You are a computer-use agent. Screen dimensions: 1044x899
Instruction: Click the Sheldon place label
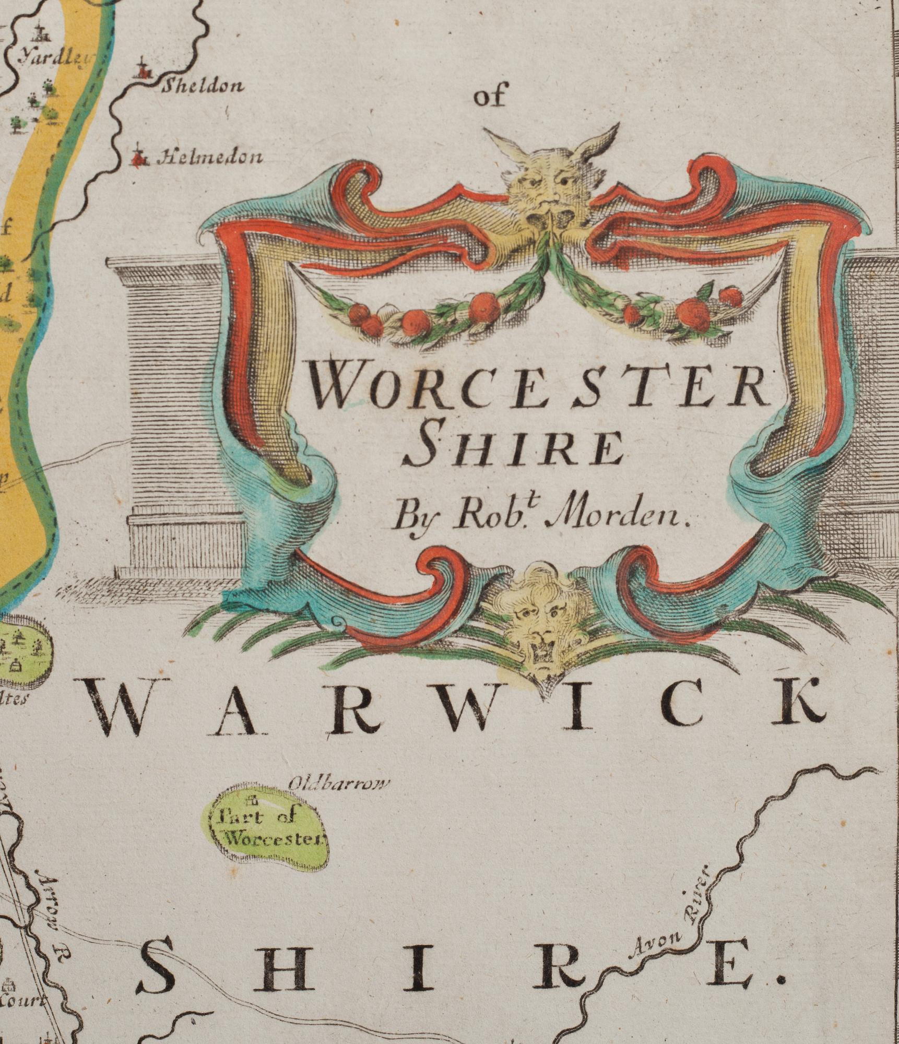[202, 86]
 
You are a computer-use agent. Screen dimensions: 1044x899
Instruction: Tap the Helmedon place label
[210, 157]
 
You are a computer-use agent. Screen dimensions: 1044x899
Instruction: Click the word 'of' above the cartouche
[489, 97]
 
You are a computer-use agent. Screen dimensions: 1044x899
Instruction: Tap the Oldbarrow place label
[339, 782]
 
